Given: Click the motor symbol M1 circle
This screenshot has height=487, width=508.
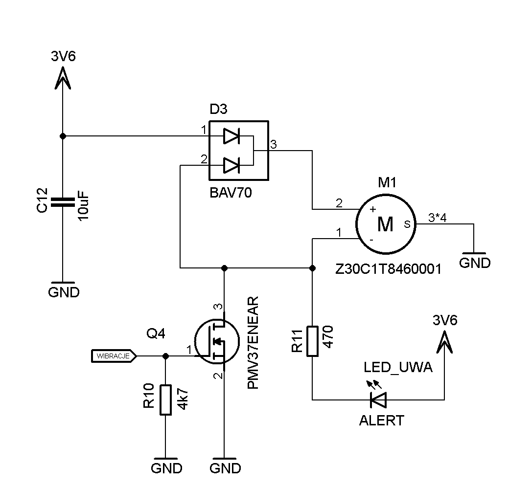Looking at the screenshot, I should point(385,224).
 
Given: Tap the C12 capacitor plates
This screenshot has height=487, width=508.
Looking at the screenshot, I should point(62,202).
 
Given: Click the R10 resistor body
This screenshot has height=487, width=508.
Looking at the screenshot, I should point(166,400).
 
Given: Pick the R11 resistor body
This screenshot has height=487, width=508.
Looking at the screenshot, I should point(313,341).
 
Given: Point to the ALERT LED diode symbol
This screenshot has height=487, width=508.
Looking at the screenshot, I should point(378,400).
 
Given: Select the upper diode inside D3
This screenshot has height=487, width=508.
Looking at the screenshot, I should point(231,136).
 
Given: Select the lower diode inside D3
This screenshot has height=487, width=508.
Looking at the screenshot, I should point(231,165).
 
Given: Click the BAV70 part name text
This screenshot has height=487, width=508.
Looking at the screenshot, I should point(231,193).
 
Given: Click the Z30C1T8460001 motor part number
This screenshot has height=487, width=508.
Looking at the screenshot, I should point(388,269).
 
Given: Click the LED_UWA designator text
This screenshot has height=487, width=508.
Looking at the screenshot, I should point(398,368).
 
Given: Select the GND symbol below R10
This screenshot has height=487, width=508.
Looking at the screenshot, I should point(166,465).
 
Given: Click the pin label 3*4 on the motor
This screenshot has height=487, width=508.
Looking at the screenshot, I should point(437,218).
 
